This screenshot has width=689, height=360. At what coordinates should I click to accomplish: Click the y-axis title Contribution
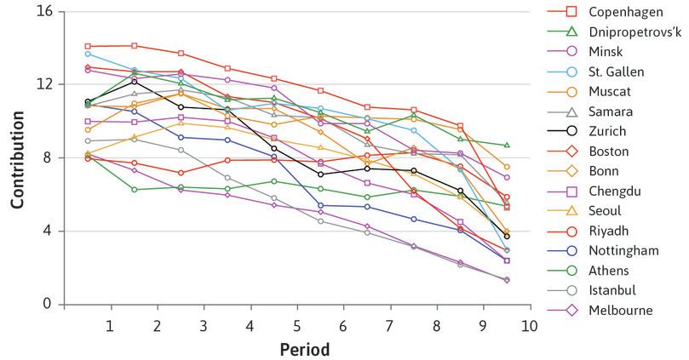pyautogui.click(x=16, y=157)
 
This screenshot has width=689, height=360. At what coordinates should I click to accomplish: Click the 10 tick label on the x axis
pyautogui.click(x=528, y=325)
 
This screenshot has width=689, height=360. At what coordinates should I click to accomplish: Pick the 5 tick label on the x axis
pyautogui.click(x=296, y=325)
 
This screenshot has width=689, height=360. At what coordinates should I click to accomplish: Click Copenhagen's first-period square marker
pyautogui.click(x=88, y=46)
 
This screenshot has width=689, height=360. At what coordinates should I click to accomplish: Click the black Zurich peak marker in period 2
pyautogui.click(x=134, y=82)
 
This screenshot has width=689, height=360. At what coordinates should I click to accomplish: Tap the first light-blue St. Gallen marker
pyautogui.click(x=88, y=54)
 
